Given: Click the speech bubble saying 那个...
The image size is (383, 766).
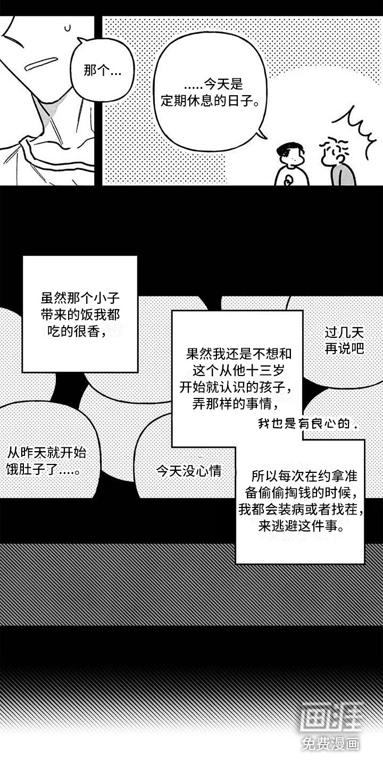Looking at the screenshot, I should [x=102, y=70].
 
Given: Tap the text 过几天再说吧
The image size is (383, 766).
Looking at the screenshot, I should [x=344, y=340].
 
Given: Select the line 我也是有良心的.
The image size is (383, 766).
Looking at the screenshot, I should [x=307, y=423].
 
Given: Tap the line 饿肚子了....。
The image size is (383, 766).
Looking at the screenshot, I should [x=46, y=470].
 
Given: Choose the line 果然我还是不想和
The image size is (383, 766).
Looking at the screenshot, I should [x=239, y=353].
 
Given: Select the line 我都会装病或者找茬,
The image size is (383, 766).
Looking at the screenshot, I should [x=301, y=510].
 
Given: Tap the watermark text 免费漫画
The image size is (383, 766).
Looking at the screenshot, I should [x=331, y=744].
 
